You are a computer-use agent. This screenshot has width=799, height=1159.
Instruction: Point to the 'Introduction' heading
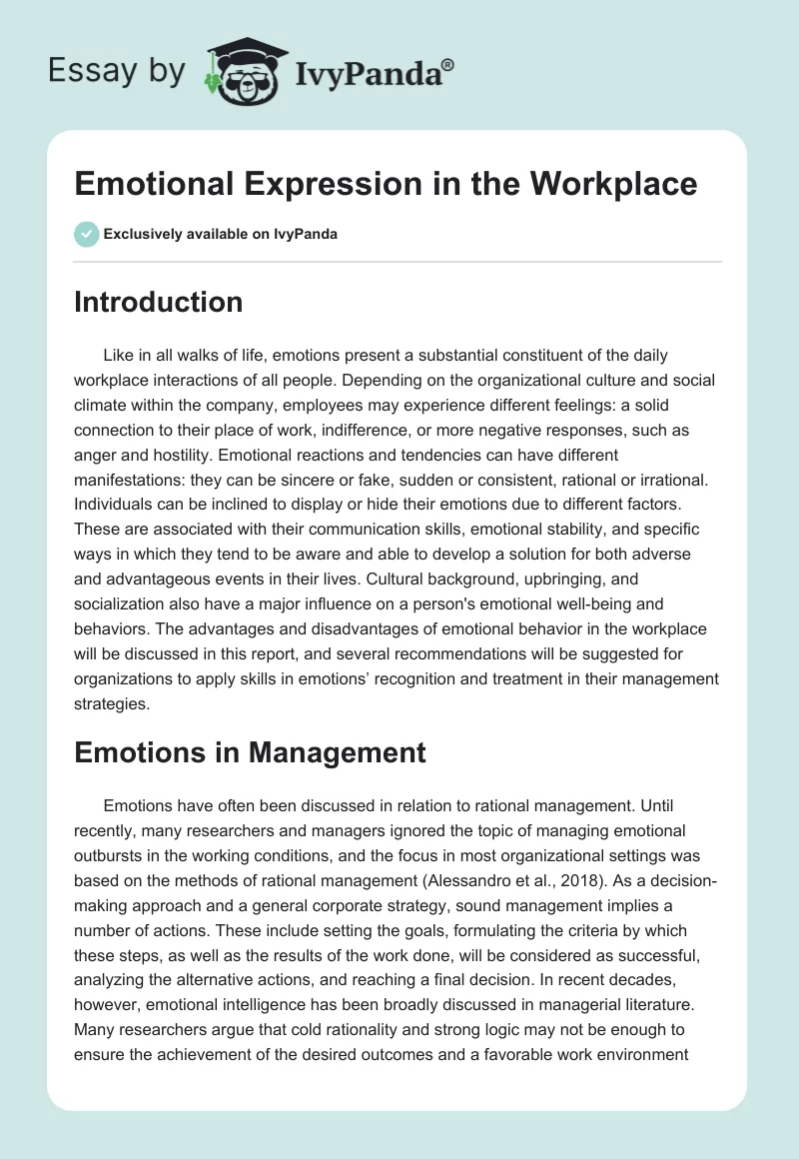158,302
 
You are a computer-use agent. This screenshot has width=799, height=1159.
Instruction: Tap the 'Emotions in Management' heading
250,752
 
